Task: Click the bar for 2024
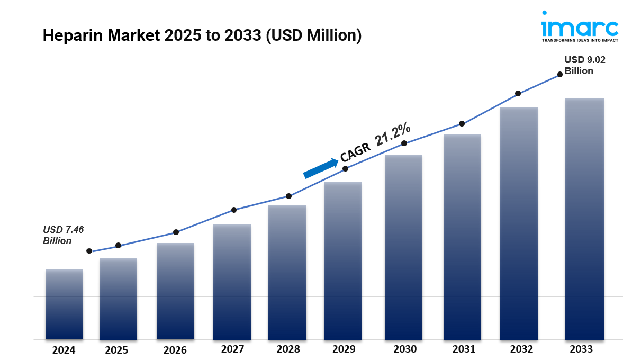pos(64,304)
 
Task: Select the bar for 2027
pos(232,282)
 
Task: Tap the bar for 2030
pos(403,247)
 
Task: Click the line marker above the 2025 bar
pos(118,245)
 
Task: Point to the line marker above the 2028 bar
pos(288,196)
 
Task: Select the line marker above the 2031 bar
pos(462,123)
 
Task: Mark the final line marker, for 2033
pos(560,74)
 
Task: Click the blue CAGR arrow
pos(321,168)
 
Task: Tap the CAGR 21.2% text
pos(375,141)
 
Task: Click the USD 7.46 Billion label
pos(64,235)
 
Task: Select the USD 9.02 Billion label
pos(584,65)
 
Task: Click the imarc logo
pos(579,26)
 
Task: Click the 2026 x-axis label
pos(175,350)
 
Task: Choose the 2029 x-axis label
pos(344,349)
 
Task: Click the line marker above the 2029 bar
pos(345,168)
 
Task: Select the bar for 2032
pos(519,223)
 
